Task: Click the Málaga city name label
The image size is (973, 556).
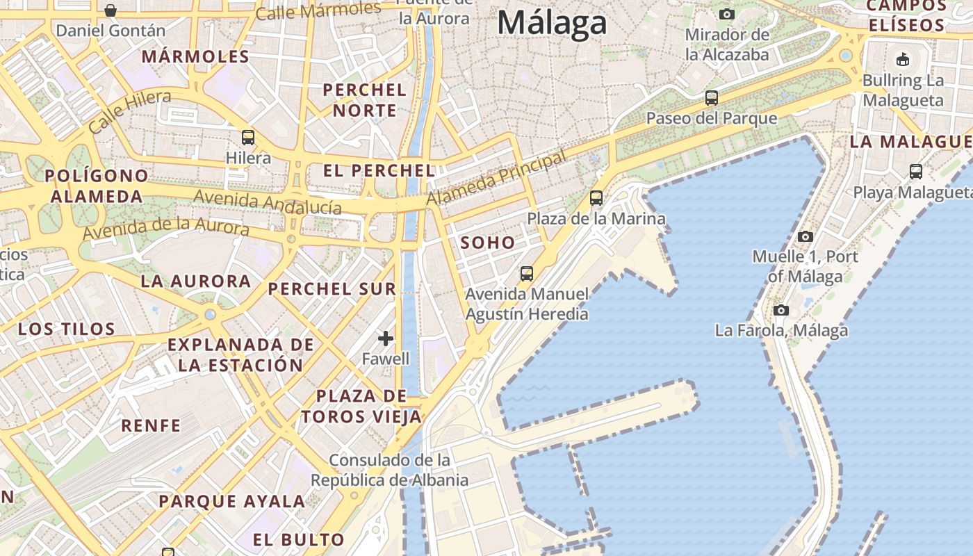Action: [x=552, y=24]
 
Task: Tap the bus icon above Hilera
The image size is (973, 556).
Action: [x=248, y=138]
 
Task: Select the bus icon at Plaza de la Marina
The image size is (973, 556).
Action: [x=596, y=198]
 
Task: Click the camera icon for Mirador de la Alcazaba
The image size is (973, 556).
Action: [x=727, y=14]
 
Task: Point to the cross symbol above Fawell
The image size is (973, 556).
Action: [x=386, y=338]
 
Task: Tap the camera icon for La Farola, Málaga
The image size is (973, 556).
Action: [x=781, y=310]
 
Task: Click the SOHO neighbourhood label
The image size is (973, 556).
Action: [x=488, y=243]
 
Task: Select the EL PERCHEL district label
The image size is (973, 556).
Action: [x=379, y=170]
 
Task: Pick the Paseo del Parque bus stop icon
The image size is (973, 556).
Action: [x=712, y=98]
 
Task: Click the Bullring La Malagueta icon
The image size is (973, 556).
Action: [x=903, y=59]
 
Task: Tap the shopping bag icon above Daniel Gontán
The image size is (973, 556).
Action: [x=111, y=10]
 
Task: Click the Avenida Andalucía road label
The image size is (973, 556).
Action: [x=268, y=202]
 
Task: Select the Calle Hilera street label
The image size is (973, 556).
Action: [x=130, y=112]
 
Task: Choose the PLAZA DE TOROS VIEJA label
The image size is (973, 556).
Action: [x=361, y=407]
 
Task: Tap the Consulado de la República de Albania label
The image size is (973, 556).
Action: [x=389, y=471]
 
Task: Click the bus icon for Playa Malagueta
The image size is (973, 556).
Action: [x=916, y=172]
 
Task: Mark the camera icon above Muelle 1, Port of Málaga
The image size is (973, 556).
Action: [x=806, y=236]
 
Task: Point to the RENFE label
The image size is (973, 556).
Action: [x=151, y=425]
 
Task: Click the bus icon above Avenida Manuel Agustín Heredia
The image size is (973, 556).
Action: [x=527, y=274]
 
